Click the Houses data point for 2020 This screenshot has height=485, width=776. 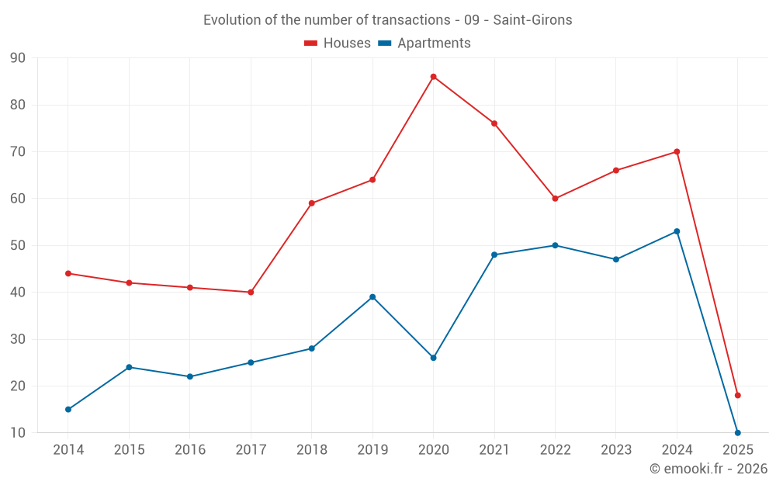tap(433, 77)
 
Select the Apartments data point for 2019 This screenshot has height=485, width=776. tap(372, 297)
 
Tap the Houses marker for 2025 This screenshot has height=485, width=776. tap(737, 396)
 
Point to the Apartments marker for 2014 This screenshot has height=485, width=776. tap(68, 410)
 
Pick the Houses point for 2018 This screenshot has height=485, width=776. tap(311, 203)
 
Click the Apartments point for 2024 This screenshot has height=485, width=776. tap(677, 231)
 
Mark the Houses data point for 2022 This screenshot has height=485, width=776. tap(555, 199)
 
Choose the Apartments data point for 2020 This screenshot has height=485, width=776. tap(433, 358)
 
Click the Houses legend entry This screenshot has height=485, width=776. tap(338, 43)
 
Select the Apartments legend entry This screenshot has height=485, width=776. tap(424, 43)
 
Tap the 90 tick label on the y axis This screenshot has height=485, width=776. tap(17, 58)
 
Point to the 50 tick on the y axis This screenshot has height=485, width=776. tap(17, 246)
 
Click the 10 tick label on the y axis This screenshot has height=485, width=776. tap(17, 433)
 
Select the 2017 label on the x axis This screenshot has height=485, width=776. tap(251, 450)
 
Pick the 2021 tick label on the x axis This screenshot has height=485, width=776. tap(494, 450)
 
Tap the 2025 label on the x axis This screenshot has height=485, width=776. tap(737, 450)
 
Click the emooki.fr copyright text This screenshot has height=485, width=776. tap(708, 469)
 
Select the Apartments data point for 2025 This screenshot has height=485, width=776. tap(737, 433)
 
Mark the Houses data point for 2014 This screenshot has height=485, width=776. tap(68, 273)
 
